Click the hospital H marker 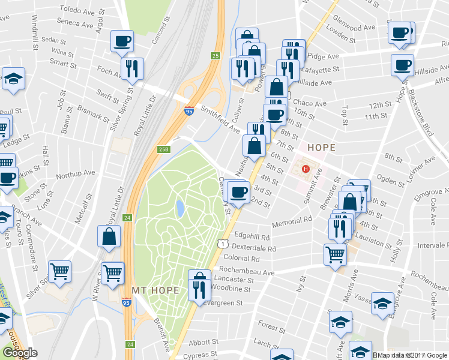(306, 169)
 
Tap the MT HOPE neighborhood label (155, 290)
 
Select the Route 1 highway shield (222, 243)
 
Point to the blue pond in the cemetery (179, 209)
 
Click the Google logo (20, 353)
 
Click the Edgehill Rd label (255, 236)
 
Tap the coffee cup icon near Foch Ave (122, 41)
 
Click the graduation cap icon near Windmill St (13, 79)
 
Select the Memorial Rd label (292, 221)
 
